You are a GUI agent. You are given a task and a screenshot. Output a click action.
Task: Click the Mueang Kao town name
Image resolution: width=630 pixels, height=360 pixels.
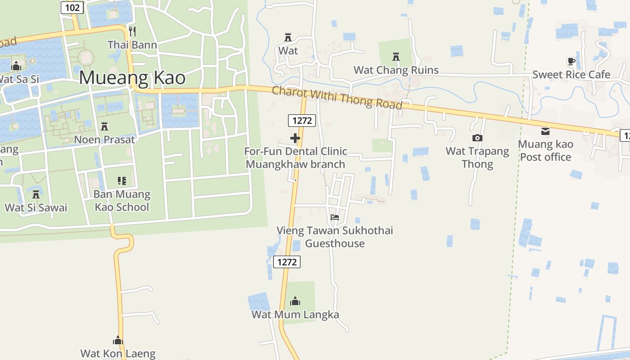(x=132, y=78)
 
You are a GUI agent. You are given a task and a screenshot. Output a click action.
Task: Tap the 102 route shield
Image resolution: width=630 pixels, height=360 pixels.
(x=72, y=7)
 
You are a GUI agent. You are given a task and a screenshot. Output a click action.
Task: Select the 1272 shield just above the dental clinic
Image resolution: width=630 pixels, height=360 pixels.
(x=302, y=120)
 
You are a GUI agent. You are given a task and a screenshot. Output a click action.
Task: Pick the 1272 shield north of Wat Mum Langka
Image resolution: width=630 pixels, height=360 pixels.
(x=287, y=261)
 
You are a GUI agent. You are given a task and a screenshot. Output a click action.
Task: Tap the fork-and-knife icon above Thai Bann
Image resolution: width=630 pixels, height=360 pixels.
(x=132, y=31)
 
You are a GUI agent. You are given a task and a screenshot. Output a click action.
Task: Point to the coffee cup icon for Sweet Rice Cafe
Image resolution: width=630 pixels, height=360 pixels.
(x=571, y=62)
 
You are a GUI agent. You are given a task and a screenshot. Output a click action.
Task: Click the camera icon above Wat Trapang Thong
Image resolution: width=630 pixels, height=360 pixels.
(x=477, y=138)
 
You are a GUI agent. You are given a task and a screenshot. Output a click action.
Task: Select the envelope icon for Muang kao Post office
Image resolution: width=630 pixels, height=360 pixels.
(x=545, y=131)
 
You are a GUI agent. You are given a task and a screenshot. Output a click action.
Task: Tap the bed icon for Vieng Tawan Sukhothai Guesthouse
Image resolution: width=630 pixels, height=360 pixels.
(x=335, y=217)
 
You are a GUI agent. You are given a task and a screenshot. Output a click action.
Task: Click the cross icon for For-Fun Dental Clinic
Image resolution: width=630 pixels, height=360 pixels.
(x=295, y=138)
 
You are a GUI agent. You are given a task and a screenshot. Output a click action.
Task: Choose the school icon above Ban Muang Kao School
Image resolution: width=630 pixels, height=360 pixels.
(x=121, y=181)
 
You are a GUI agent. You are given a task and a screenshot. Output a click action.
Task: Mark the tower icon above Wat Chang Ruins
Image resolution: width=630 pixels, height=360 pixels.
(x=396, y=57)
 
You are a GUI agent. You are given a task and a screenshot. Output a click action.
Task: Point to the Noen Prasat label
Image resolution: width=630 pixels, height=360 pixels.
(x=104, y=139)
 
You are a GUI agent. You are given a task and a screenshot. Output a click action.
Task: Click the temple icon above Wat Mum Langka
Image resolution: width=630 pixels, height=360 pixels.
(x=295, y=301)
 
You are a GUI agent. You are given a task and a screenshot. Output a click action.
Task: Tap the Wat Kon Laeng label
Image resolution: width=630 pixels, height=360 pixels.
(x=118, y=354)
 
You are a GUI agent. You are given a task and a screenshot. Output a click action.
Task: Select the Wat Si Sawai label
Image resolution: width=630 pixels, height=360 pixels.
(x=36, y=207)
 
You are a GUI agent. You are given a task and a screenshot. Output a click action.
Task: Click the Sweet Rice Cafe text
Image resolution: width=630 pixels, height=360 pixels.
(x=571, y=75)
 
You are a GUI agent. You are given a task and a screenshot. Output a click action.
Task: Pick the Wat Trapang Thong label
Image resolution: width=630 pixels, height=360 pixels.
(x=477, y=157)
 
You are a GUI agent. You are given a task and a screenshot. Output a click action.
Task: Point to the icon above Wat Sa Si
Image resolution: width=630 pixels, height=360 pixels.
(x=16, y=66)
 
